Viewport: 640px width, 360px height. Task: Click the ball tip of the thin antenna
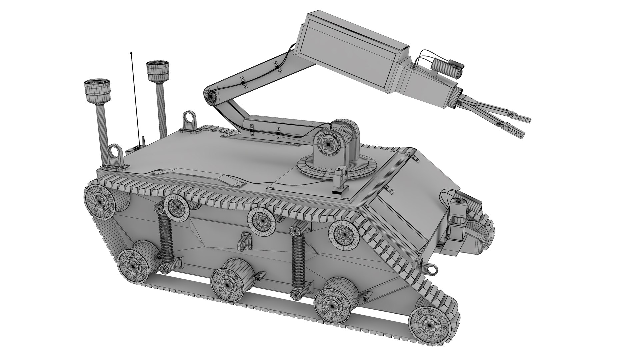point(131,53)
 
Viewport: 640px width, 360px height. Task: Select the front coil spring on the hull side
point(298,260)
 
